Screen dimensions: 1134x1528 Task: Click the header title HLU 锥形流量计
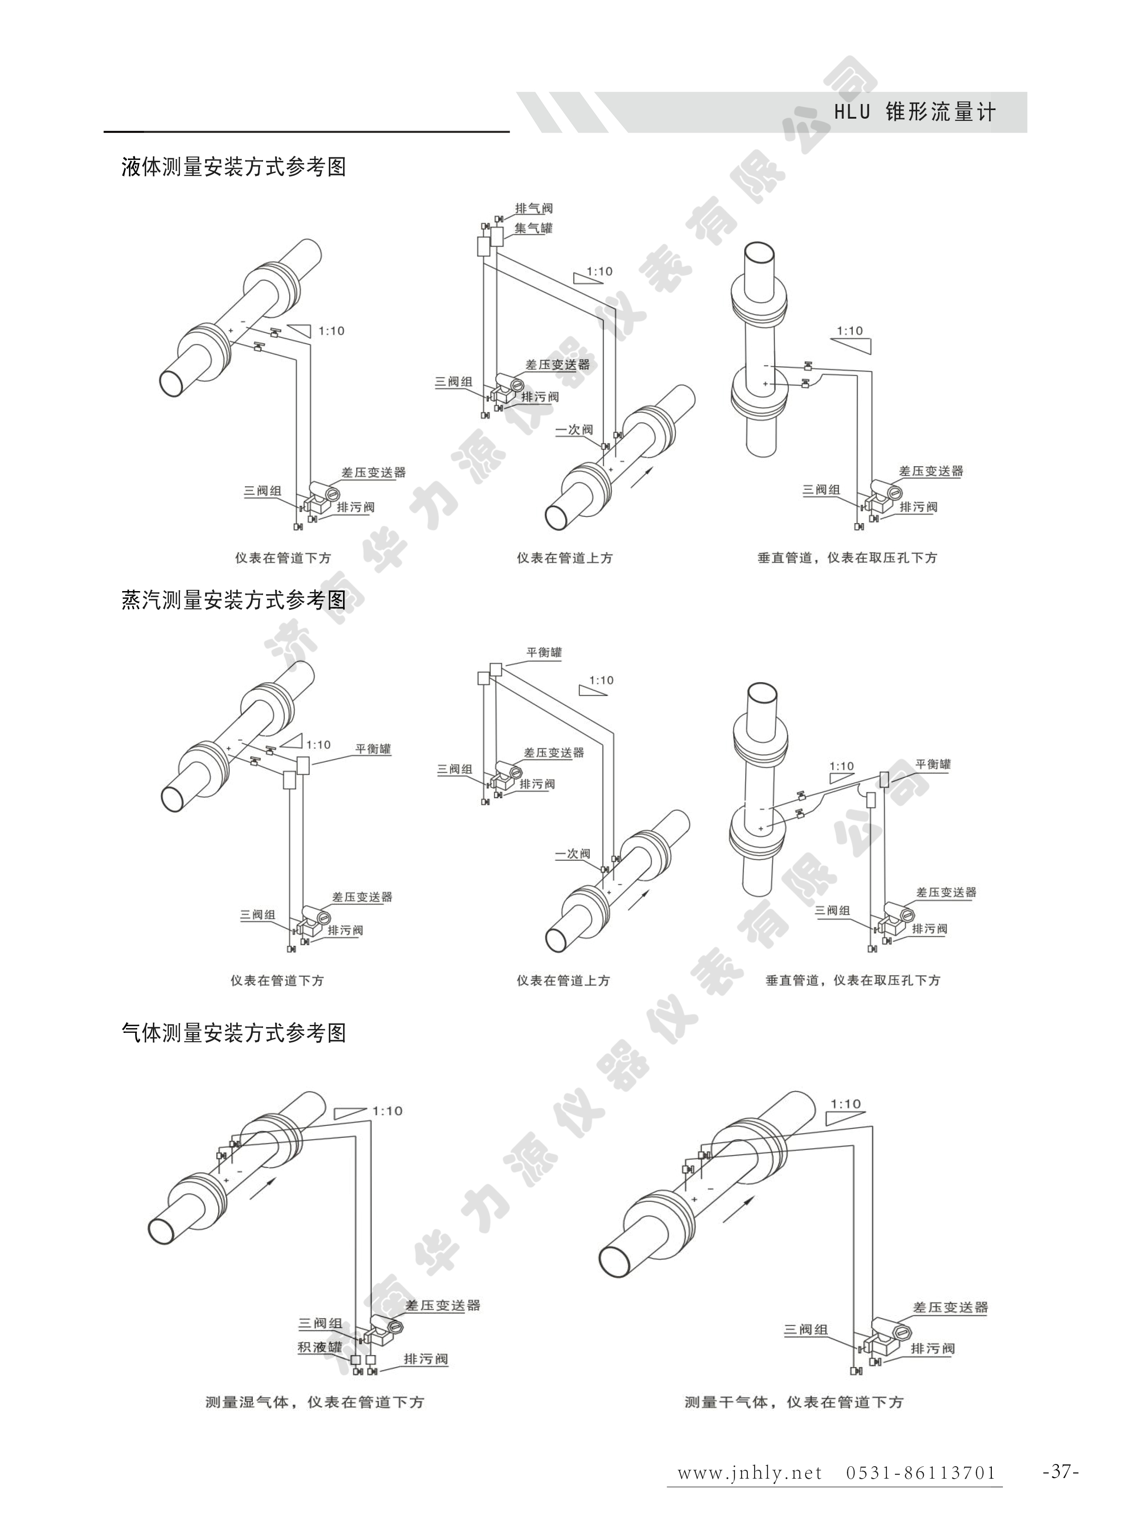click(914, 112)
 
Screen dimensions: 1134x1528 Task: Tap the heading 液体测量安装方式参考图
click(234, 167)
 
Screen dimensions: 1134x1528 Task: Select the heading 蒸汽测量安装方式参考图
click(234, 600)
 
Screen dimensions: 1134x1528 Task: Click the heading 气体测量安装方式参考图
click(234, 1032)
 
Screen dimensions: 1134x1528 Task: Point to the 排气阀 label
click(534, 208)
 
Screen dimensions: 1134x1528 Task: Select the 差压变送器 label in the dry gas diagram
click(951, 1308)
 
